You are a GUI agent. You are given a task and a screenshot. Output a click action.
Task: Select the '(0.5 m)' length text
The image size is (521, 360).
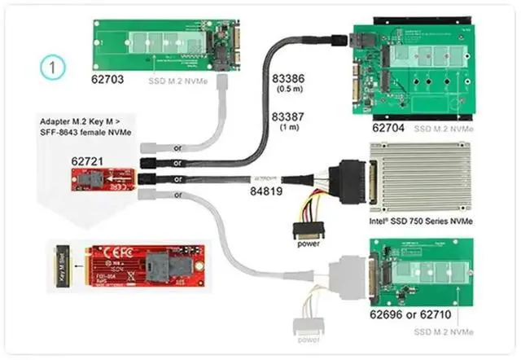(x=287, y=88)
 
